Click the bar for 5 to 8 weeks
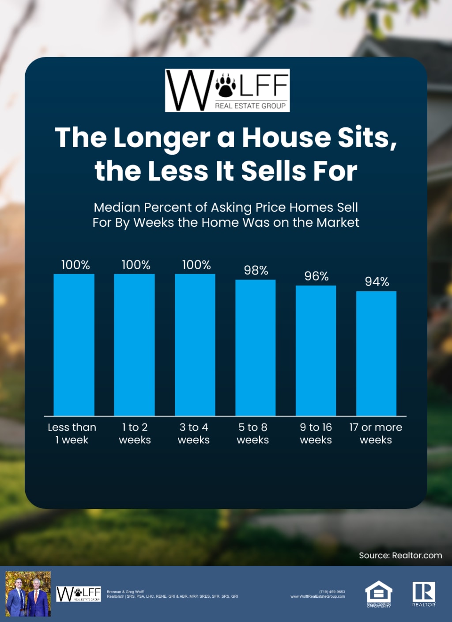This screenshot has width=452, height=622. pos(255,347)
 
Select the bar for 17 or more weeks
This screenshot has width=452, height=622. pos(376,353)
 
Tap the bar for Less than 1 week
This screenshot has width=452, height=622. pos(74,345)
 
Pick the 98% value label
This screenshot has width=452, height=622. pos(256,270)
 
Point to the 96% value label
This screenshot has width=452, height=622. pos(316,276)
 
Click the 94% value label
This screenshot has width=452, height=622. pos(377,282)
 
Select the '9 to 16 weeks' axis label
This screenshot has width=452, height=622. pos(316,433)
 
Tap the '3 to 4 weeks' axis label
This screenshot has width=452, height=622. pos(194,433)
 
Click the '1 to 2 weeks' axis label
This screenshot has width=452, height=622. pos(135,433)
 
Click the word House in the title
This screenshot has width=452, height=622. pos(286,137)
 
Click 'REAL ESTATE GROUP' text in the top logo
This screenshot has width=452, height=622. pos(250,106)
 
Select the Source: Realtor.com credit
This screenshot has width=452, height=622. pos(400,555)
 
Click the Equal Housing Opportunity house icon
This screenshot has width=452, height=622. pos(379,592)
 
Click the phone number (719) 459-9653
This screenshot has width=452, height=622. pos(332,591)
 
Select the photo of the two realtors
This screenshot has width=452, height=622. pos(28,594)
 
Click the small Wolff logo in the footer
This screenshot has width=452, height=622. pos(79,594)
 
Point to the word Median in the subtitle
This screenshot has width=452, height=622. pos(117,207)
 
